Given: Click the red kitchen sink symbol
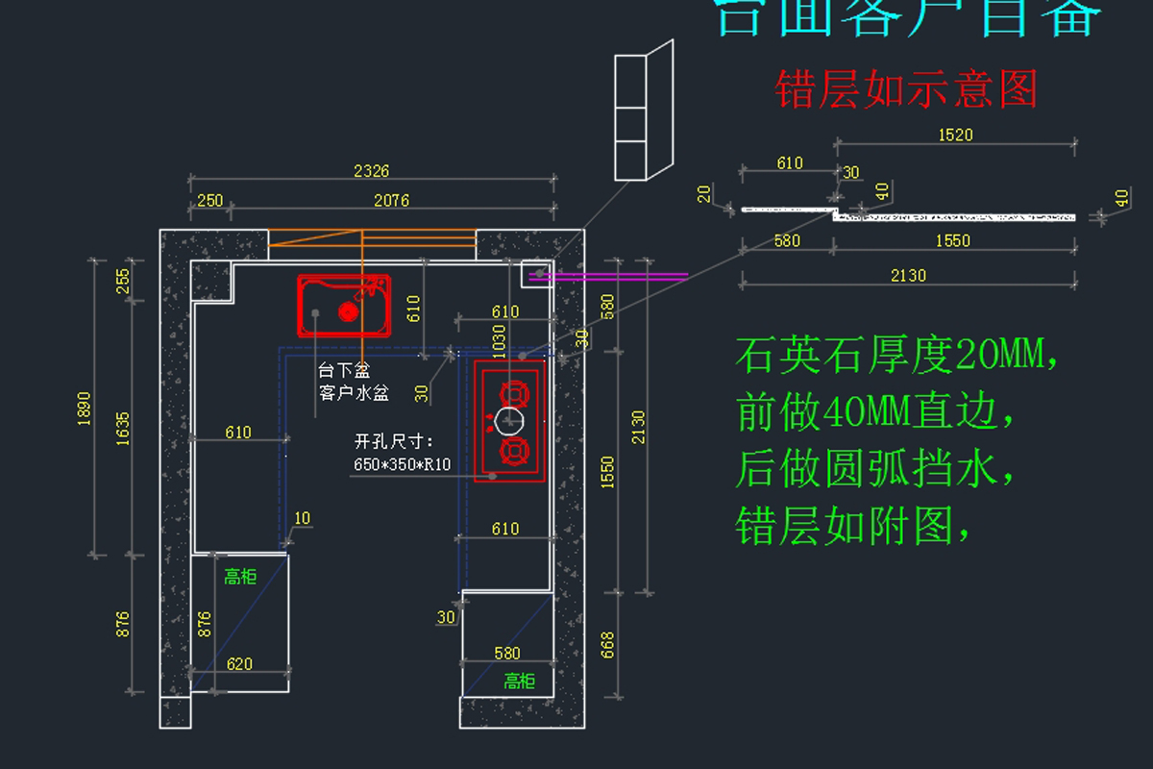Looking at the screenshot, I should pos(344,306).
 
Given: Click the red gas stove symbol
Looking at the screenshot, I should pos(509,421).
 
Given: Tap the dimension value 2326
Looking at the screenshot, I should pos(372,171).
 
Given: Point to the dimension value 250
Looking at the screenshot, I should pos(209,200).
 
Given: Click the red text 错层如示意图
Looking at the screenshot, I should pos(906,89).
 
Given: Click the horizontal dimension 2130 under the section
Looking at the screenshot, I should pos(907,276).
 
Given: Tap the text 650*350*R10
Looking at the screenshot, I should pos(403,464).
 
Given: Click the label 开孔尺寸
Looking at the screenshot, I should pos(394,442).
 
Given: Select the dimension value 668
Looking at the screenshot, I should pos(607,645).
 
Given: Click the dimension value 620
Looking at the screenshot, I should pos(239,663).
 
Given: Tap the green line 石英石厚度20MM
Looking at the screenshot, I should pos(898,357).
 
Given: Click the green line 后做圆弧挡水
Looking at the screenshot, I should pos(875,470).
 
